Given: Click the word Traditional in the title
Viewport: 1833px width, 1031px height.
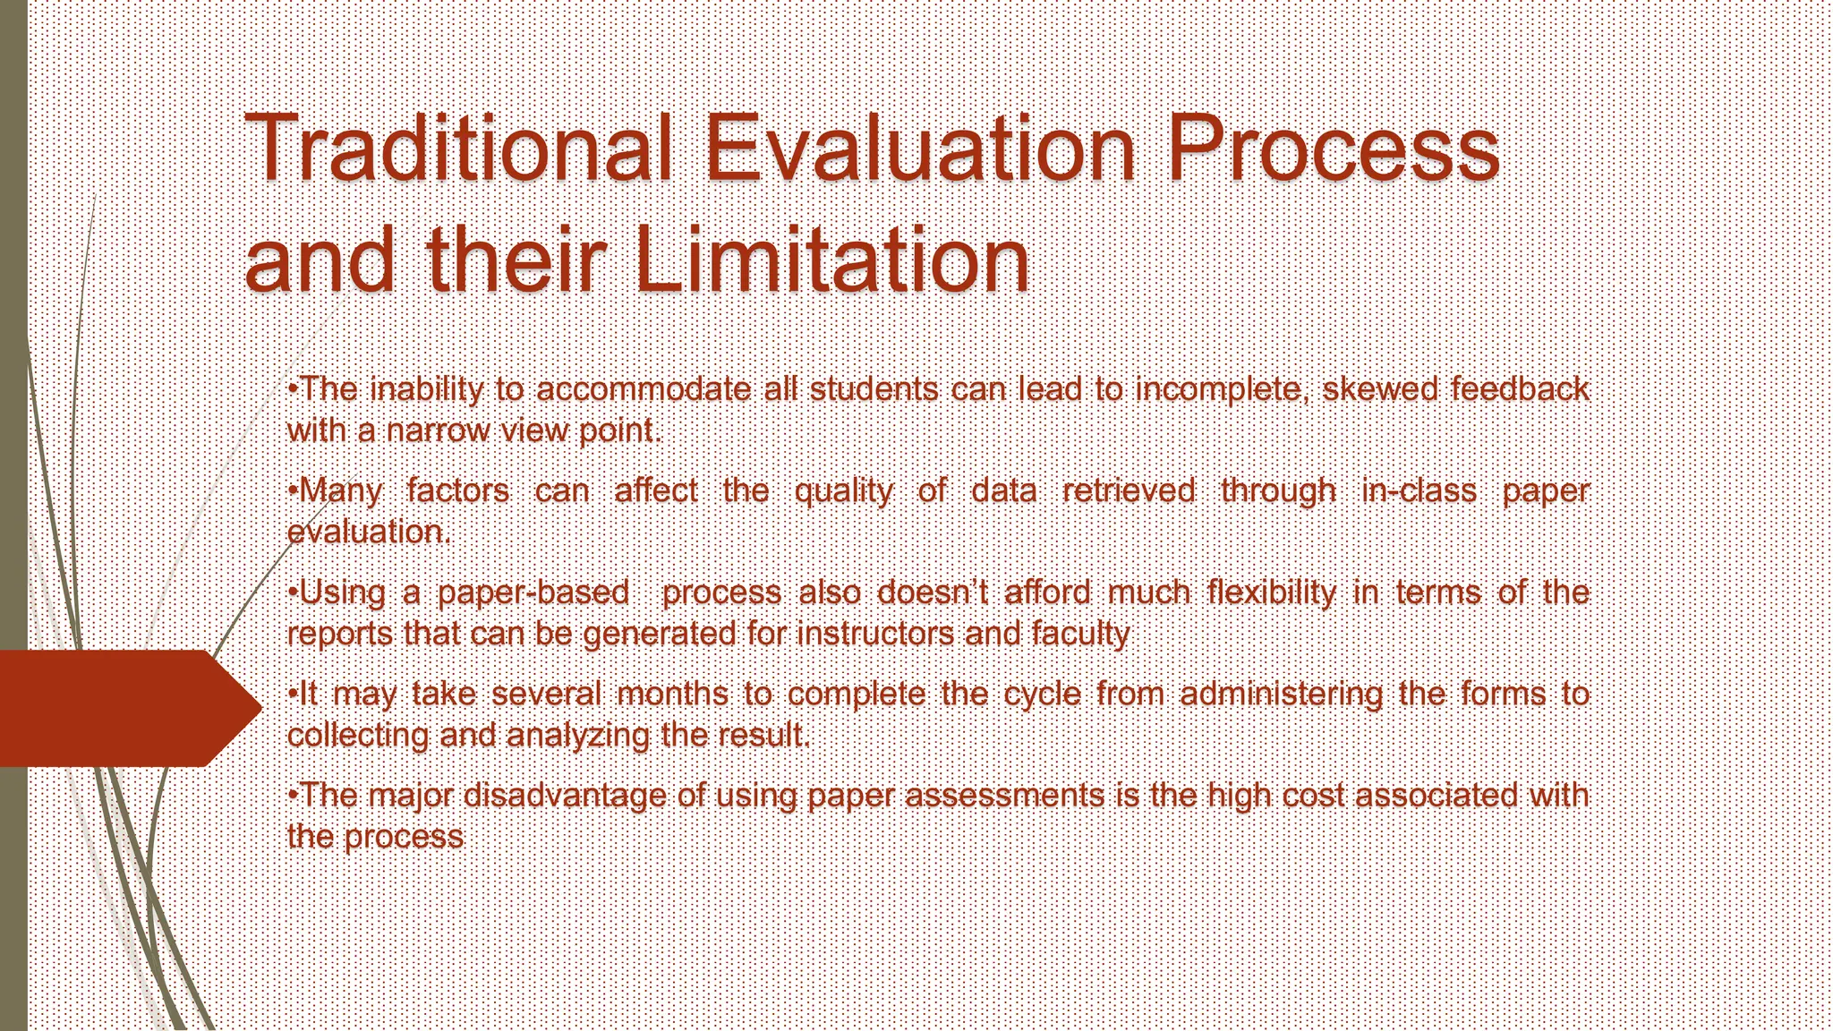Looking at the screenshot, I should (456, 148).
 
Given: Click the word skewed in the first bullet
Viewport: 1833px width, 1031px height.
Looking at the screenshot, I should (1378, 389).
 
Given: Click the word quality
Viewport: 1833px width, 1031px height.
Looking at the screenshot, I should (843, 491).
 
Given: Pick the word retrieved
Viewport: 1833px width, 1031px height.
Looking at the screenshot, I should (1129, 490).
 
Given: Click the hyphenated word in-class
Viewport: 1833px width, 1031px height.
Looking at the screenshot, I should (1419, 490).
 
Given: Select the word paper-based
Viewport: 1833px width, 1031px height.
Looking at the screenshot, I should (533, 592).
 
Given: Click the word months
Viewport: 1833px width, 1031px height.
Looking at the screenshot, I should (672, 694).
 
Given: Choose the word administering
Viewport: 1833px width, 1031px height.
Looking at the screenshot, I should (1281, 694).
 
